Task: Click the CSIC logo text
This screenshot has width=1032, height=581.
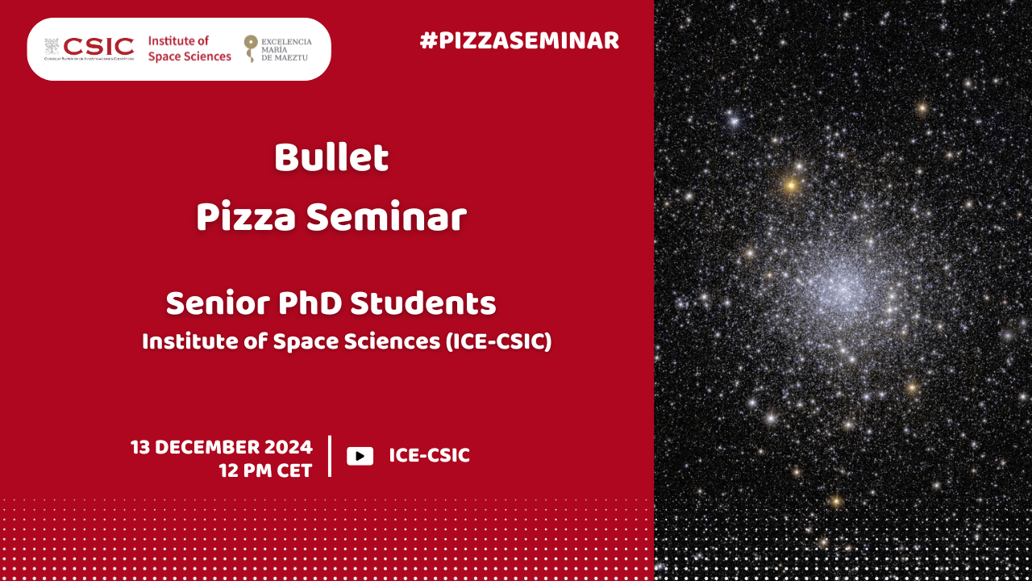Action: coord(98,47)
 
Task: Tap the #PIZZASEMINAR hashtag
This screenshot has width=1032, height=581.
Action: coord(519,40)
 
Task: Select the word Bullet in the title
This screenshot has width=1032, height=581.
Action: coord(331,157)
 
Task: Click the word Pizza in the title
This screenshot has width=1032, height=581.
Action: coord(246,217)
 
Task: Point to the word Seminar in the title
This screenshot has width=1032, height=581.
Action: coord(387,217)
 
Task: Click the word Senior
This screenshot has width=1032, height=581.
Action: coord(218,303)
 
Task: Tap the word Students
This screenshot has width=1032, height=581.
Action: coord(423,303)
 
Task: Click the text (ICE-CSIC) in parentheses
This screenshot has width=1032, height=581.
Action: coord(499,341)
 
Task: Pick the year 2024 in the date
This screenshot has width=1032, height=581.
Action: coord(289,447)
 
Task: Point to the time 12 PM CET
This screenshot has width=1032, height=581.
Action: coord(266,470)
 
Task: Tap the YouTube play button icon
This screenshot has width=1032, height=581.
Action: coord(360,456)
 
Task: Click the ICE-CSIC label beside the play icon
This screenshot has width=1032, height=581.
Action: coord(430,456)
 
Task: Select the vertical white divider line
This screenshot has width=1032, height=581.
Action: coord(330,456)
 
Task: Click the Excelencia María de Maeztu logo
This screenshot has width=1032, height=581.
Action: coord(278,49)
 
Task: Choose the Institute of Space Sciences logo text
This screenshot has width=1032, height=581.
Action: coord(189,48)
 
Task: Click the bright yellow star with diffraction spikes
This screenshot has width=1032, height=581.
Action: coord(791,186)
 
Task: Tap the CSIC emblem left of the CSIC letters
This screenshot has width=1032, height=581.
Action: coord(52,47)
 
